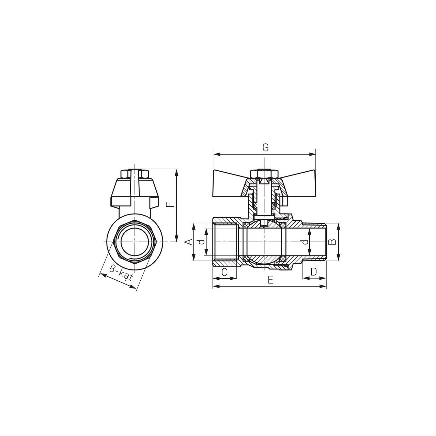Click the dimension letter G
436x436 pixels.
pos(265,148)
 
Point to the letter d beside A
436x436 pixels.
pos(202,242)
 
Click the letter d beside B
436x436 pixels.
pos(305,242)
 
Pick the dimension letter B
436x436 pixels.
pos(332,242)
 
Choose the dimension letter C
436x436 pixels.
pos(224,272)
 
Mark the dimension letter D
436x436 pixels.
pos(314,272)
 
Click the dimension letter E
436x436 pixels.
pos(270,280)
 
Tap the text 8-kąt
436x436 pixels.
pos(120,273)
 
